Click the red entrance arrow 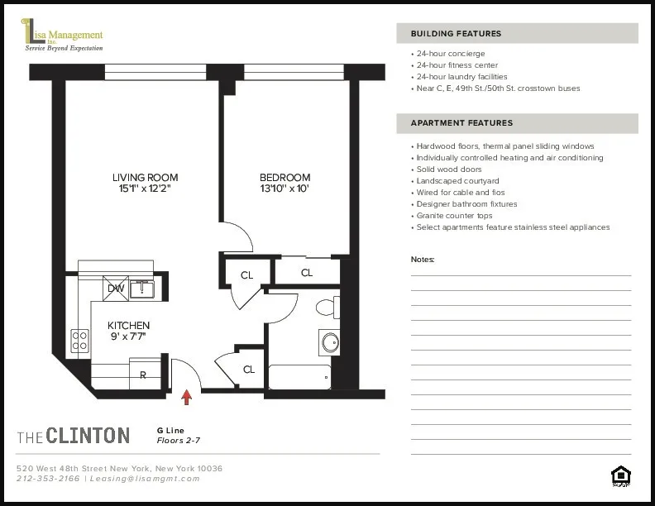click(x=187, y=398)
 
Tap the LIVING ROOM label click(x=145, y=177)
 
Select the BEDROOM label click(x=284, y=177)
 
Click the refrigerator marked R click(x=142, y=375)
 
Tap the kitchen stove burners click(x=79, y=340)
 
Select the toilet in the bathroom click(x=327, y=308)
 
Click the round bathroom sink click(x=330, y=342)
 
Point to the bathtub click(x=299, y=377)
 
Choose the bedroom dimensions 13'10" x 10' click(x=284, y=189)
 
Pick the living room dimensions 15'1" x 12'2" click(x=145, y=189)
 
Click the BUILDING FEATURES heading click(x=456, y=34)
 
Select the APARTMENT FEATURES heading click(x=461, y=123)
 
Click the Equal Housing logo click(x=619, y=475)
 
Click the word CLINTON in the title click(x=88, y=435)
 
